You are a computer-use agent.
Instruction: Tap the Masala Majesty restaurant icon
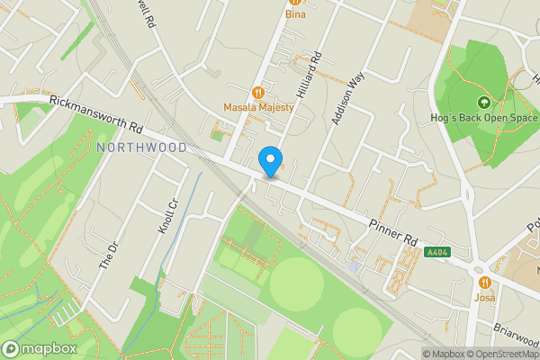pyautogui.click(x=259, y=91)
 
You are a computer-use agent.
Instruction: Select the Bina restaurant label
pyautogui.click(x=295, y=14)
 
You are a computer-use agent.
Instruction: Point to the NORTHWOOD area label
pyautogui.click(x=141, y=147)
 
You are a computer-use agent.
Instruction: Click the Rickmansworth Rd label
pyautogui.click(x=97, y=112)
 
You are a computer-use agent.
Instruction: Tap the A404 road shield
pyautogui.click(x=438, y=256)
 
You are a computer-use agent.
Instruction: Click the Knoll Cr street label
pyautogui.click(x=167, y=216)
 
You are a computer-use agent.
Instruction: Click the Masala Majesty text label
pyautogui.click(x=259, y=108)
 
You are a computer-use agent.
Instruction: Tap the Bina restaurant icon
pyautogui.click(x=295, y=2)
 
